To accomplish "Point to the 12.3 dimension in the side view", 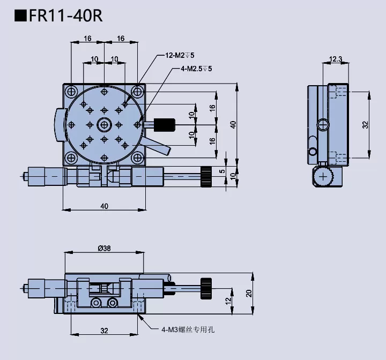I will point(336,59).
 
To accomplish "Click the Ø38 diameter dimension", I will point(105,248).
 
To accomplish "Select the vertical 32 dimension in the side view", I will point(365,124).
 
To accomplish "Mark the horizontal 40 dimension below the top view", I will point(104,206).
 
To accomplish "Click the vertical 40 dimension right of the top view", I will point(233,124).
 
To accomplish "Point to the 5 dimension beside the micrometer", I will point(222,171).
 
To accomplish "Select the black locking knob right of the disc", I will point(166,124).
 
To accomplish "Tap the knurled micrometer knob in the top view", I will point(206,175).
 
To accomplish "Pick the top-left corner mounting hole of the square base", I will point(70,92).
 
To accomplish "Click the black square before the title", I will point(20,14).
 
